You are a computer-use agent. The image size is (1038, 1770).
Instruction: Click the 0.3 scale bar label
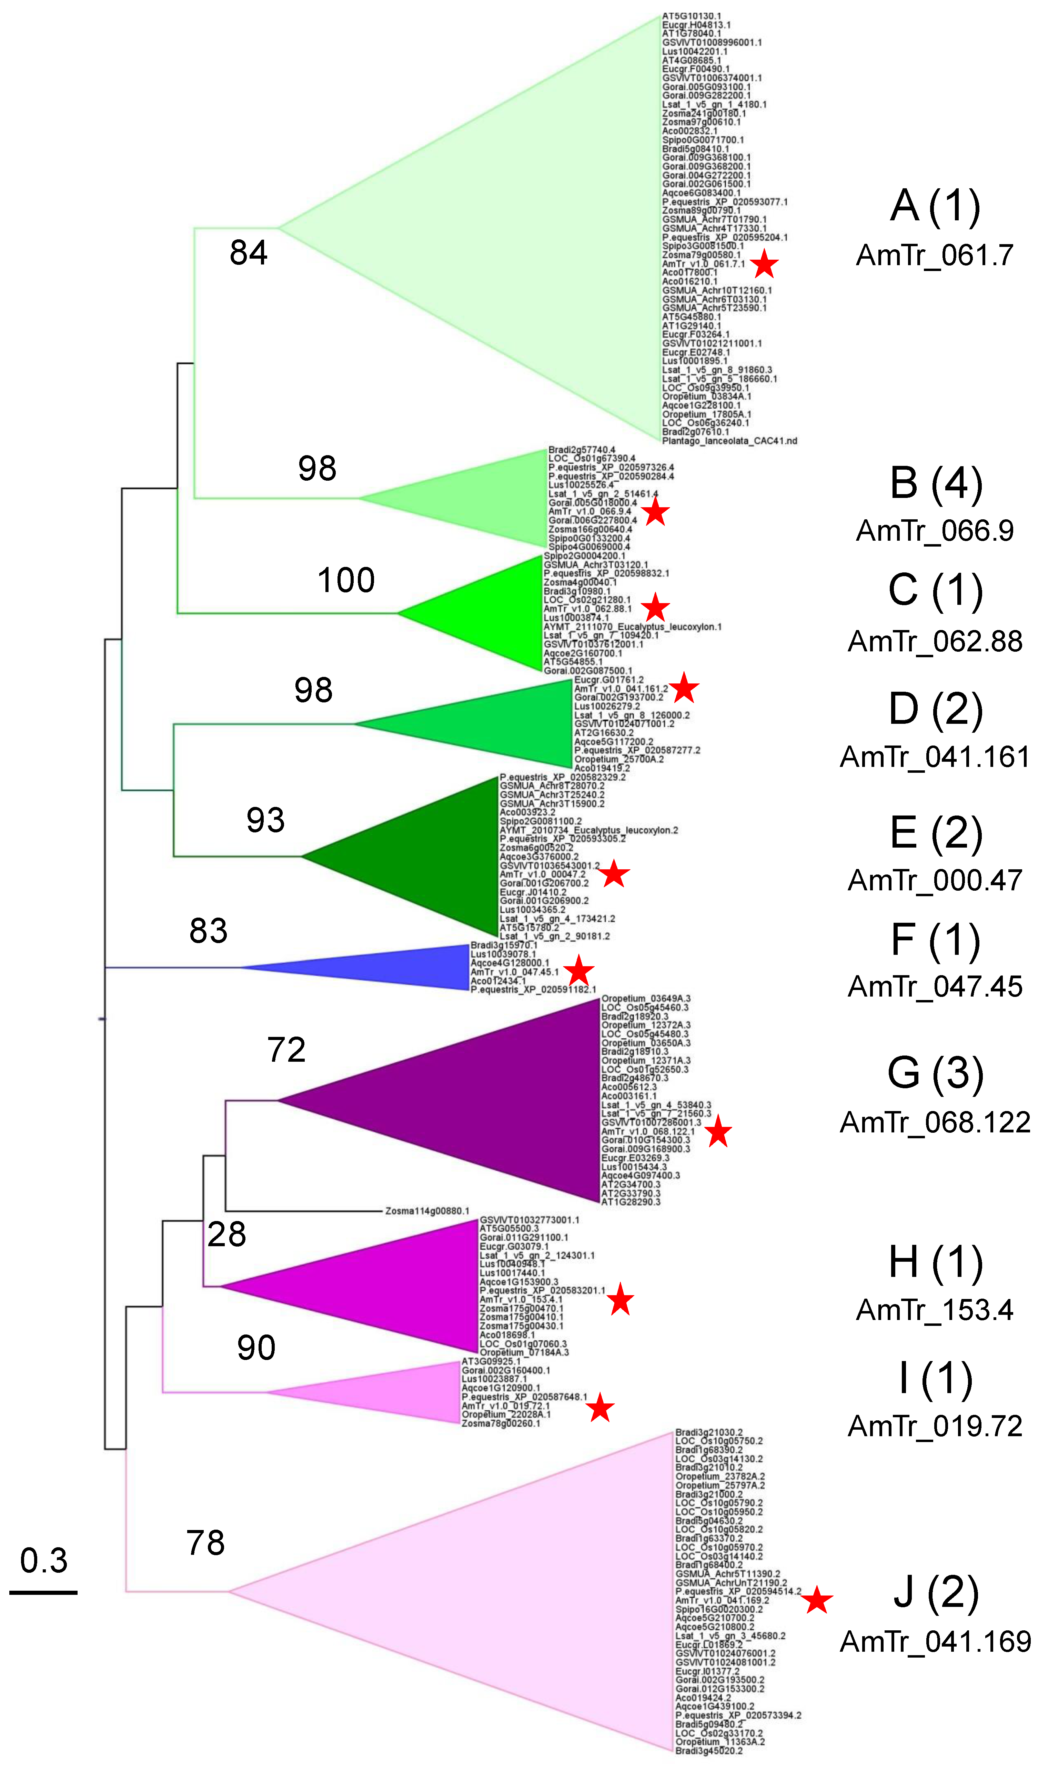(x=43, y=1561)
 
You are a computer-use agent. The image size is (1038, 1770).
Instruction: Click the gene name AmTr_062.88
(x=935, y=641)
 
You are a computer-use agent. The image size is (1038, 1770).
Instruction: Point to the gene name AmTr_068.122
(x=935, y=1122)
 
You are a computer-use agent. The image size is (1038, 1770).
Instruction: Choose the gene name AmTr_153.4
(x=935, y=1310)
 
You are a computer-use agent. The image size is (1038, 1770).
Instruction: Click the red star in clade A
(x=764, y=266)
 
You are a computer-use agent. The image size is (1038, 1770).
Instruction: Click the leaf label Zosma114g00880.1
(x=427, y=1211)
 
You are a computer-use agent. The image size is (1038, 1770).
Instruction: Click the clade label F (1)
(x=935, y=941)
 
